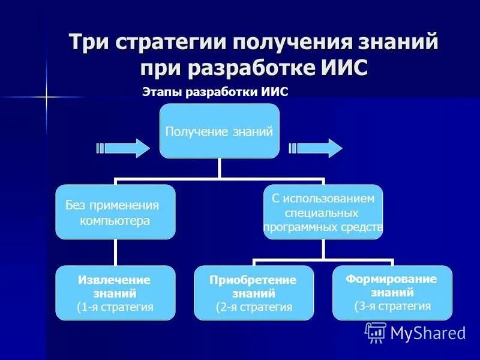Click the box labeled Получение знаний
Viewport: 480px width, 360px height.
coord(219,131)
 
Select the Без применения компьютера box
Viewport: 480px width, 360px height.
coord(115,212)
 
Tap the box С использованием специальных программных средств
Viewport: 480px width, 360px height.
coord(323,212)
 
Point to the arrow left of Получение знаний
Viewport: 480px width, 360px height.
coord(123,148)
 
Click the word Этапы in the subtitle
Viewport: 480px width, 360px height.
coord(162,92)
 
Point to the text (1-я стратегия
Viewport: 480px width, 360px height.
coord(115,307)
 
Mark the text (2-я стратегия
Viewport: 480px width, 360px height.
coord(254,307)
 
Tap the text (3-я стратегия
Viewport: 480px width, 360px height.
coord(392,306)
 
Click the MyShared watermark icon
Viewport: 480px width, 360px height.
coord(376,332)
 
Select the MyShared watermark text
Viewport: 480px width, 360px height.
coord(428,334)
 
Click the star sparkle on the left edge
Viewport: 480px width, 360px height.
coord(47,97)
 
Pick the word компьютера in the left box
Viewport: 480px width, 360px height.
coord(115,221)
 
